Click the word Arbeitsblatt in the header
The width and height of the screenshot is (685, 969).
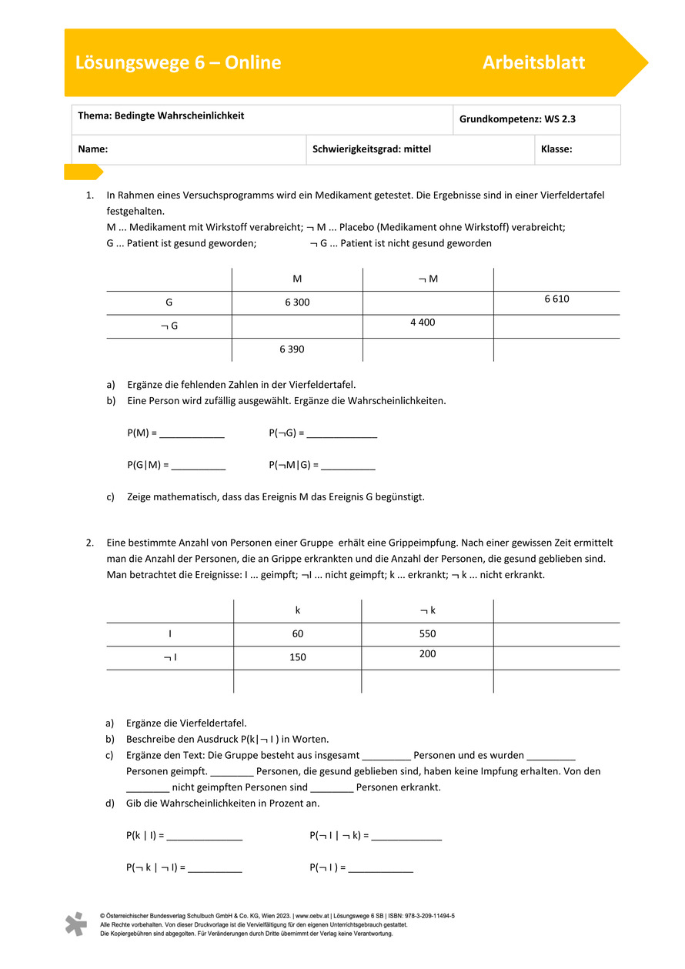point(533,62)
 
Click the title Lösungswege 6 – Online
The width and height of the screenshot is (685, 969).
point(178,62)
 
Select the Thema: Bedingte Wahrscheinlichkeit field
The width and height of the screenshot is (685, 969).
point(161,115)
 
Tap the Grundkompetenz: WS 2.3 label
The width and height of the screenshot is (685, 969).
point(517,119)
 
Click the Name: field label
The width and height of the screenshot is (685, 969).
point(92,149)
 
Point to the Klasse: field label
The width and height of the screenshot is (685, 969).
point(556,149)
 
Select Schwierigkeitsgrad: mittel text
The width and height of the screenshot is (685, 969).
point(372,149)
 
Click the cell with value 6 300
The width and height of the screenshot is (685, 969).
point(297,302)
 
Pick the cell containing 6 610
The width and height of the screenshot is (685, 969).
point(556,299)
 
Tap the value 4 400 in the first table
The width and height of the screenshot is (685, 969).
point(423,322)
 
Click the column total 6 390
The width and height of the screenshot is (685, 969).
point(292,349)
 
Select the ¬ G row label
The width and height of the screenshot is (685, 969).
point(169,326)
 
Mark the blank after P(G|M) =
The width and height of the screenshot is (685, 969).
point(199,466)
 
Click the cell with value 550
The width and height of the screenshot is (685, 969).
point(428,634)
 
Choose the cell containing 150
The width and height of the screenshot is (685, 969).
point(297,657)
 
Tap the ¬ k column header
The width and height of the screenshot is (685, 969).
point(428,610)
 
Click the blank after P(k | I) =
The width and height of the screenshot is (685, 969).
point(205,836)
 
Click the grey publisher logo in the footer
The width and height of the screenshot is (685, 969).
point(75,924)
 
